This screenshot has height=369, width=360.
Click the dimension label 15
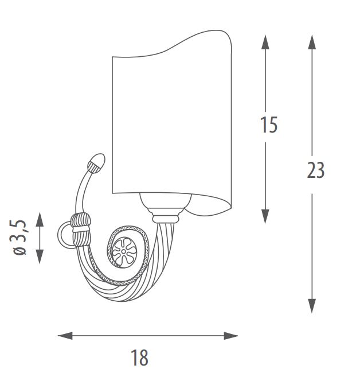269,125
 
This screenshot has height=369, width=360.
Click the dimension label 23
316,170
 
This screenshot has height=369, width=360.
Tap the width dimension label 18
139,357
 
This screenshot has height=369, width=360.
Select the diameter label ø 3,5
19,238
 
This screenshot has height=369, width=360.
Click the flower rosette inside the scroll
124,251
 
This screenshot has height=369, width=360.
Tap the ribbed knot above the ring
81,221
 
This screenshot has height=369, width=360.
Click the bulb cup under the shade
165,200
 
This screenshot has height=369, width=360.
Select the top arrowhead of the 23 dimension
312,42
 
